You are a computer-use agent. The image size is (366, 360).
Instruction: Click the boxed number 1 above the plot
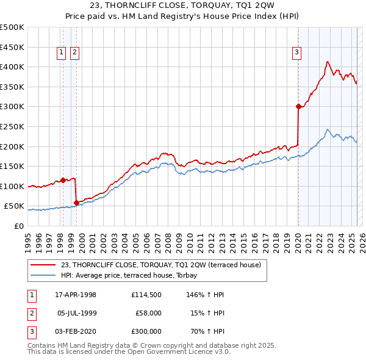(62, 53)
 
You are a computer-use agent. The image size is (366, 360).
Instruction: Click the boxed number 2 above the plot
(74, 53)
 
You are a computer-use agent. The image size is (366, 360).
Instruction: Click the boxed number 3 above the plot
(296, 53)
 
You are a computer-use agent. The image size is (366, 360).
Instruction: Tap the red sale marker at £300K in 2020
(298, 106)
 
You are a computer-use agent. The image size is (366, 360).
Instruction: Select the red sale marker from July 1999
(76, 203)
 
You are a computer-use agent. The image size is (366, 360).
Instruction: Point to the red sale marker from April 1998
(63, 180)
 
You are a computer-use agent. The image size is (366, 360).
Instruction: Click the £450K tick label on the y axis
(12, 47)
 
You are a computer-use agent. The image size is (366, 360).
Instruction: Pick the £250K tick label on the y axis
(12, 126)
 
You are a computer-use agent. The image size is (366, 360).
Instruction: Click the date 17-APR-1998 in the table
(76, 295)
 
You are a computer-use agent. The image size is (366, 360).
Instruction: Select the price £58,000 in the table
(148, 313)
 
